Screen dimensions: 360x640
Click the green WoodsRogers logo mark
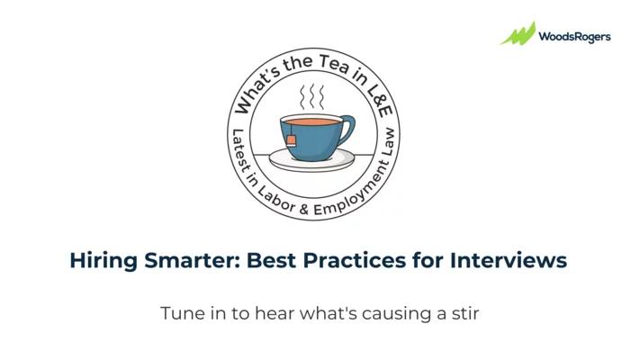(518, 34)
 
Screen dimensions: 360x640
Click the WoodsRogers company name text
(574, 37)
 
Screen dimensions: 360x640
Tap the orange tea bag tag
(292, 139)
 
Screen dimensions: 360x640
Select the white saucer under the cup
(311, 162)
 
